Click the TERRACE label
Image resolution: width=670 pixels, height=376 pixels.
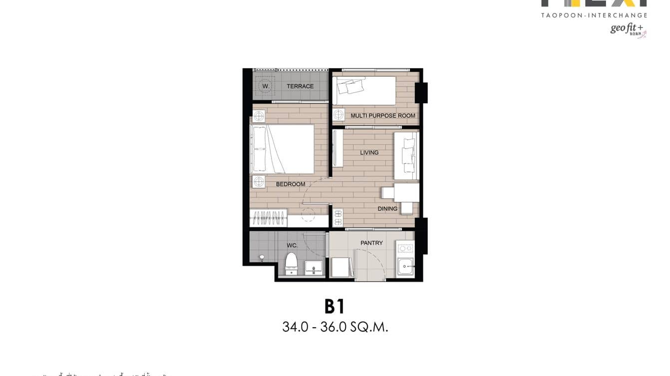pos(300,86)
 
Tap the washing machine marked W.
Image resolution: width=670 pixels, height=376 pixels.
pos(266,86)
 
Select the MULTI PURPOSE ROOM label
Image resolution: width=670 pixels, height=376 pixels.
pos(382,116)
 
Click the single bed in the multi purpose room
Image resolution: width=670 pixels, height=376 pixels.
pos(365,90)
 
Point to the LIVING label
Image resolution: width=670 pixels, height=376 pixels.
pos(369,153)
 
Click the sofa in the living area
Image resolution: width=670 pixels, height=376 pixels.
pos(406,156)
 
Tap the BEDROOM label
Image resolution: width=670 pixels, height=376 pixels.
pos(290,184)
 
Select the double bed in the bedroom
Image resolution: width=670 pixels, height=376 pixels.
pos(283,149)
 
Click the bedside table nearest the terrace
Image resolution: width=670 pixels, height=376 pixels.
pos(259,117)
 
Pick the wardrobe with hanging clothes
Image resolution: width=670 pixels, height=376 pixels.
pos(269,218)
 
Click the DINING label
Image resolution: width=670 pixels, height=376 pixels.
pos(387,208)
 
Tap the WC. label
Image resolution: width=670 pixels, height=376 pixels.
pos(292,245)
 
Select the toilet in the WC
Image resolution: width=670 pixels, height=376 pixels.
pos(291,264)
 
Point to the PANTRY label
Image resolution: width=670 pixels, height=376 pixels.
pos(371,243)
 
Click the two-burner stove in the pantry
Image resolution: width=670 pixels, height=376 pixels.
pos(405,248)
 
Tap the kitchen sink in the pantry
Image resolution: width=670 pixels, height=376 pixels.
pos(405,267)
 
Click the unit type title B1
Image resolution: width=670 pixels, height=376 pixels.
pos(335,306)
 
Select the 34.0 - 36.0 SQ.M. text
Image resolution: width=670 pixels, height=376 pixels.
pos(335,327)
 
